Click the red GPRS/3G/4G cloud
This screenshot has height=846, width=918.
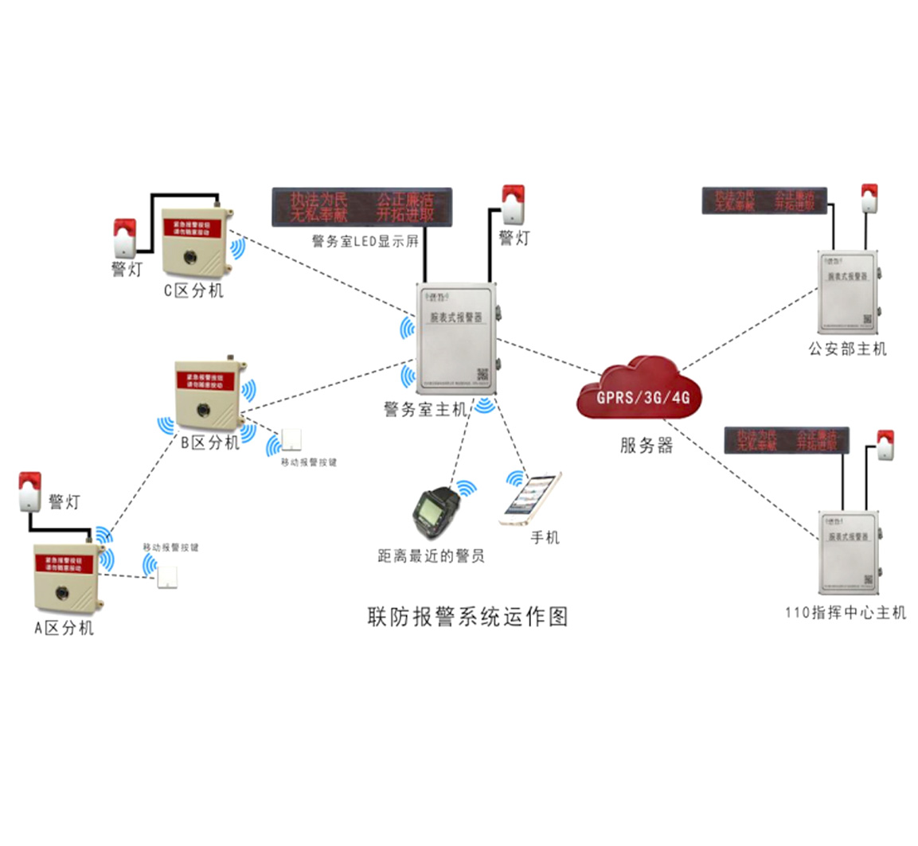(639, 390)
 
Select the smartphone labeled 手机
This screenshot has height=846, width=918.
(531, 499)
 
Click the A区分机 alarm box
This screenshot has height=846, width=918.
(68, 579)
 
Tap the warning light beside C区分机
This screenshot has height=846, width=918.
(124, 237)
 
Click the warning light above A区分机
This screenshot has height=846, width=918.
(29, 490)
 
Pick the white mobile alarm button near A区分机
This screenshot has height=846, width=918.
(167, 575)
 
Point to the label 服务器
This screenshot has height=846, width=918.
(646, 445)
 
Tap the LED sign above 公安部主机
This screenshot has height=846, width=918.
(764, 200)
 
